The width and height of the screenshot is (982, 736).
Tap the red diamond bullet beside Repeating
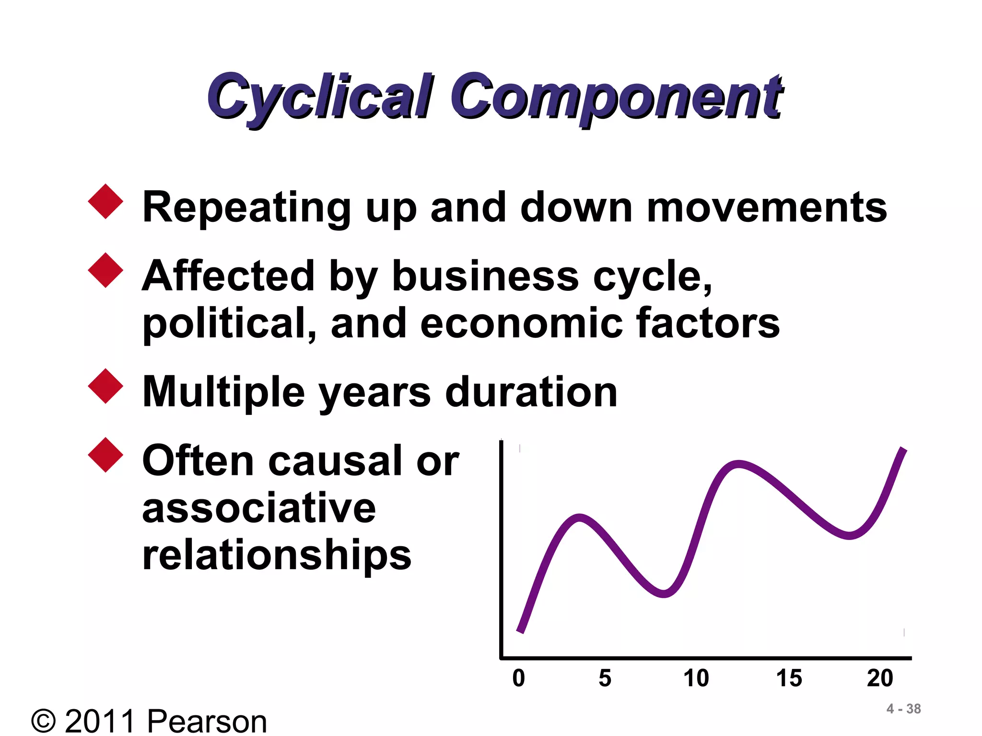106,202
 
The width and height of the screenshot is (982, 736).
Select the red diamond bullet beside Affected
106,270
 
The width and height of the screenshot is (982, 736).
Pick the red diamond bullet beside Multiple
106,386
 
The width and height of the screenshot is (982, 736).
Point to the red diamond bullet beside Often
106,455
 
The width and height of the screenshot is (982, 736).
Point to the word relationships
277,555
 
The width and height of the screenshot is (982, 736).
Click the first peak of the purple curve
580,518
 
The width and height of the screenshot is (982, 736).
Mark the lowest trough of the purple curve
664,594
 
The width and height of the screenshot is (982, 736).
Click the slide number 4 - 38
903,709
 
